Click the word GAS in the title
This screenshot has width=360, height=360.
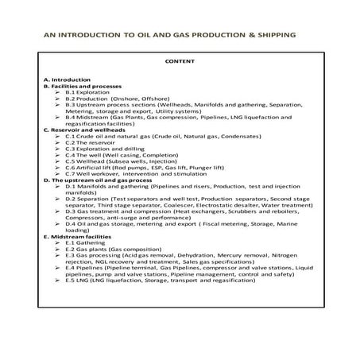click(195, 36)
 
